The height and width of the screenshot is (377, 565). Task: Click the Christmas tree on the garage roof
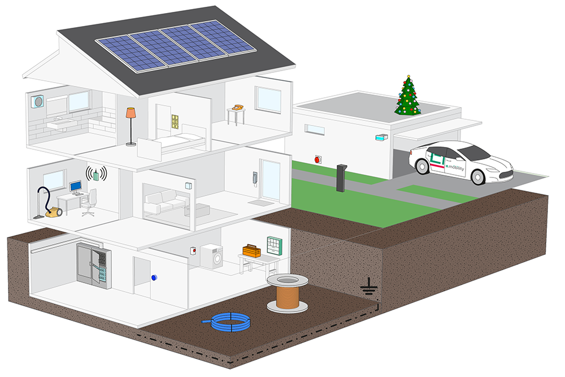408,97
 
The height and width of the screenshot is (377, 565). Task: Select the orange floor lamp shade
131,113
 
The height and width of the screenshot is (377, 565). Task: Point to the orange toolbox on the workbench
251,250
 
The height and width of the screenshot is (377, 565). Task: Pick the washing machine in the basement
212,256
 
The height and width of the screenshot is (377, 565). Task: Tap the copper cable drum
287,295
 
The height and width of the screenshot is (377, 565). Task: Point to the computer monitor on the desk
76,187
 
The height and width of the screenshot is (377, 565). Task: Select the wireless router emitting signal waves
97,173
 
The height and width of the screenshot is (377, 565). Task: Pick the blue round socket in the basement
154,277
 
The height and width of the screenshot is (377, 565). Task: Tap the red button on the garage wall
318,159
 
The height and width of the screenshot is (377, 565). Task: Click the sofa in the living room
162,202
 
